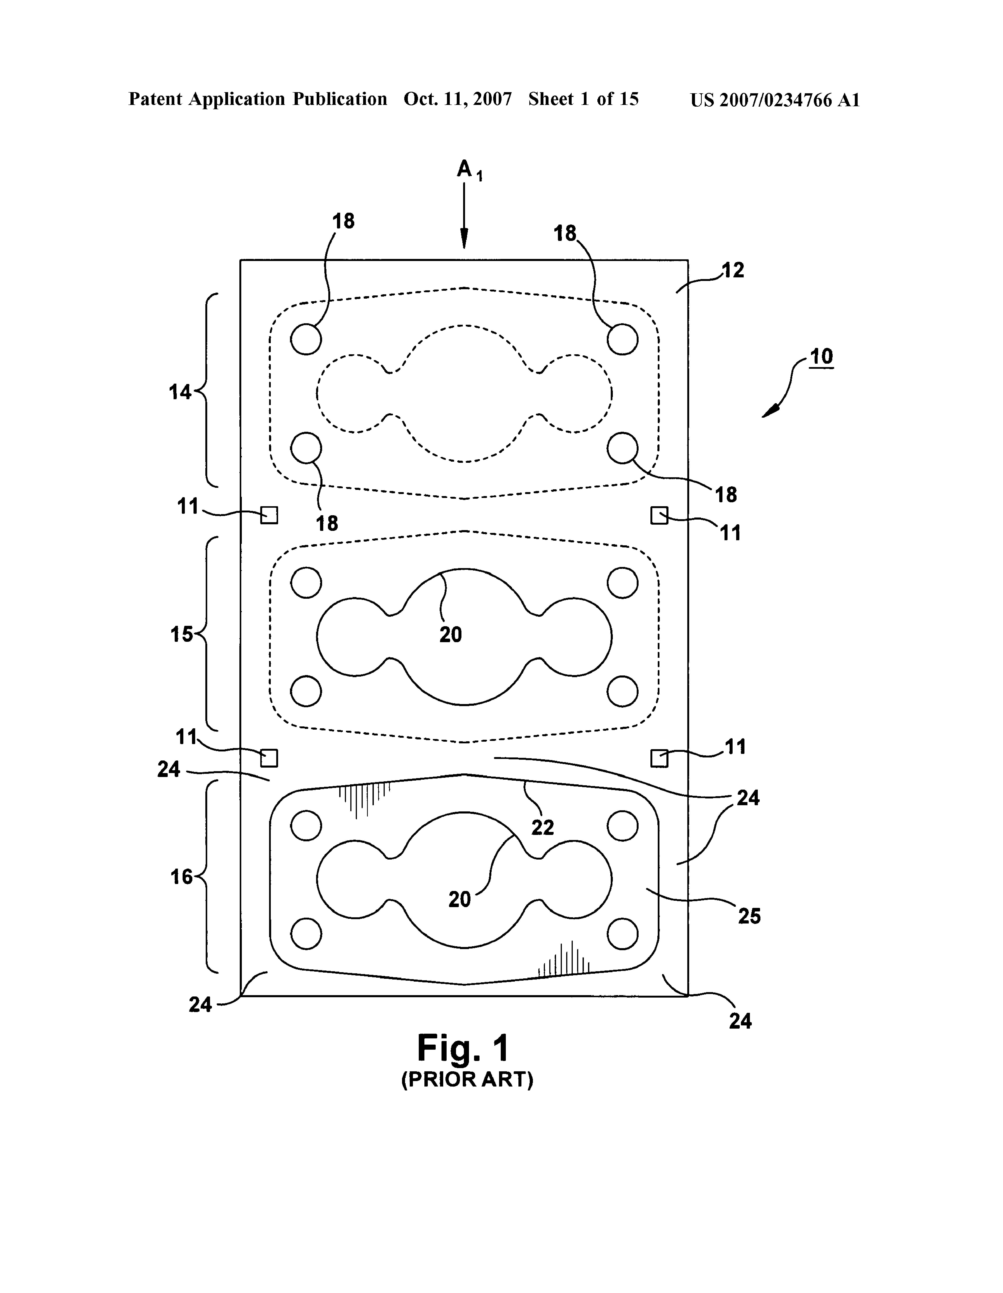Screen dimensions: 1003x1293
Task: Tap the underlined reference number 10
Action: click(x=821, y=357)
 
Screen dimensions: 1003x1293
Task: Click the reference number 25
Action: click(x=749, y=917)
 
